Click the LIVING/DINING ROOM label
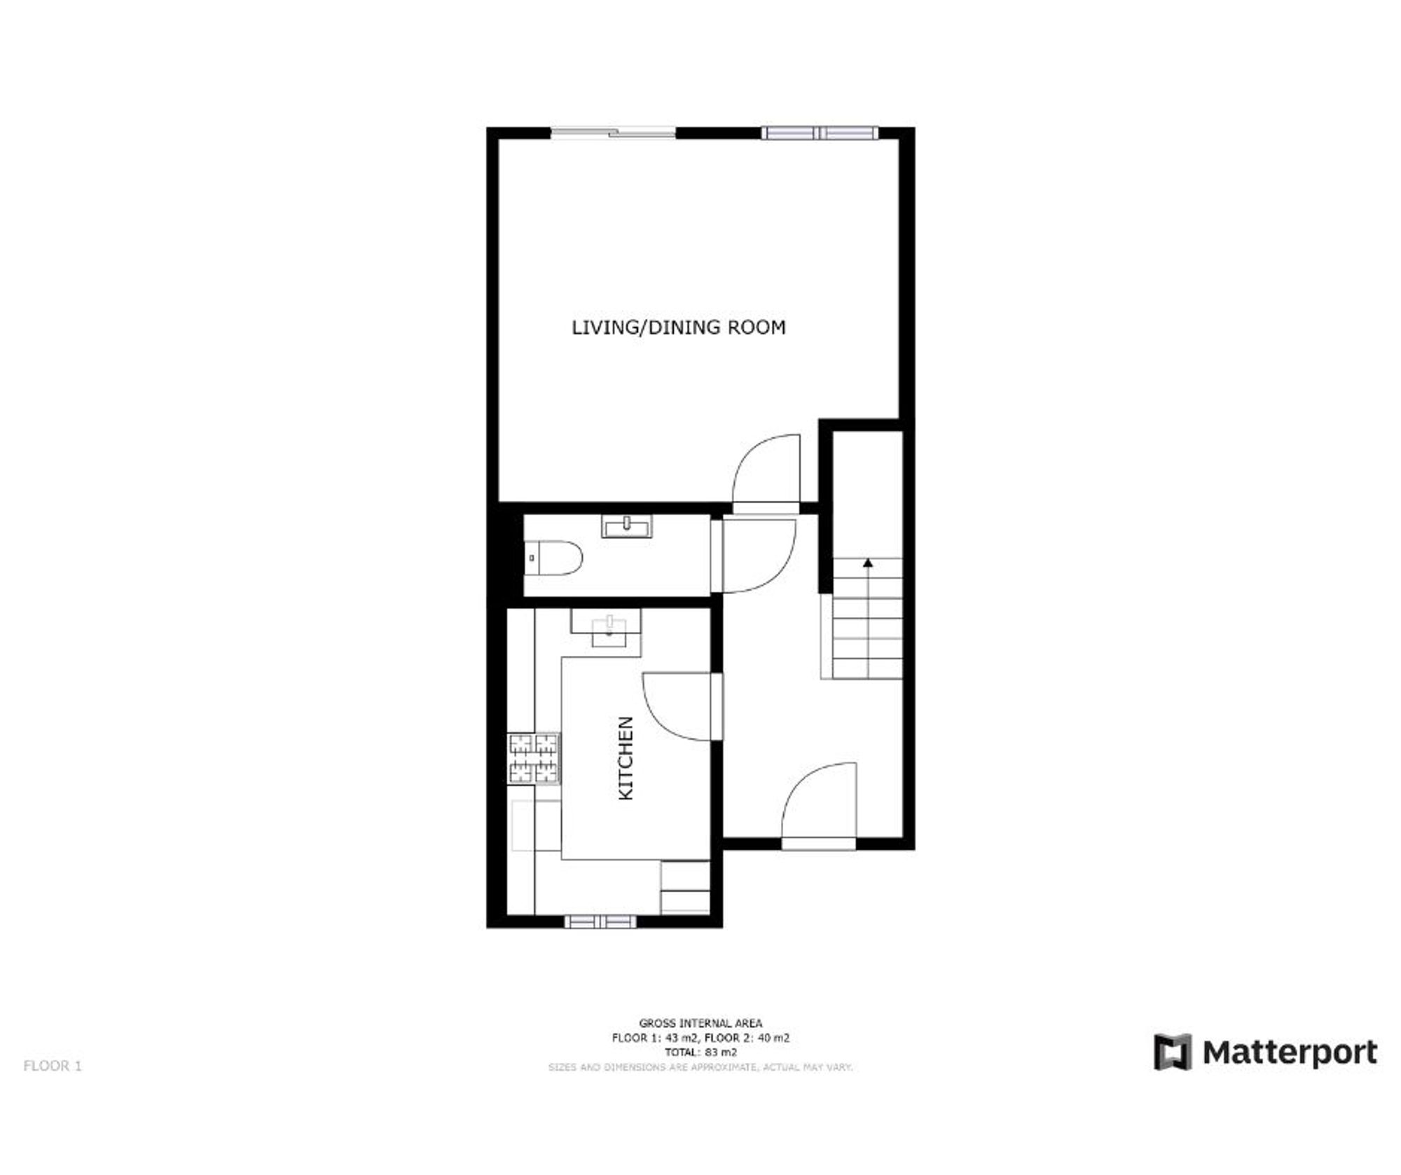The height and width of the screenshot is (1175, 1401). (x=678, y=327)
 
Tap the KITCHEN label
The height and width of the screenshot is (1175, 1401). (x=626, y=758)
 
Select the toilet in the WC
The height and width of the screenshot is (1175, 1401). (x=553, y=558)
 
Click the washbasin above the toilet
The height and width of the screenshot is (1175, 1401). (x=626, y=525)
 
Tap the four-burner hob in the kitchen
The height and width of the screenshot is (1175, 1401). (x=534, y=757)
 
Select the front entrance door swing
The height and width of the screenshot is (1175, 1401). (x=819, y=806)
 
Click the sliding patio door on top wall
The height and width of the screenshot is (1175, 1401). (x=614, y=132)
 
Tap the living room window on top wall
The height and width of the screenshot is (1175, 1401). (x=820, y=133)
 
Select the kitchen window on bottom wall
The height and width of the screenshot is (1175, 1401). (x=600, y=921)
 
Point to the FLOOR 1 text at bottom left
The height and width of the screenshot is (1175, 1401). (x=53, y=1066)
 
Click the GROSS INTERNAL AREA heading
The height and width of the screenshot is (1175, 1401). (x=700, y=1024)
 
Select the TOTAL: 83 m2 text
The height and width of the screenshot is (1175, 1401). (x=700, y=1052)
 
